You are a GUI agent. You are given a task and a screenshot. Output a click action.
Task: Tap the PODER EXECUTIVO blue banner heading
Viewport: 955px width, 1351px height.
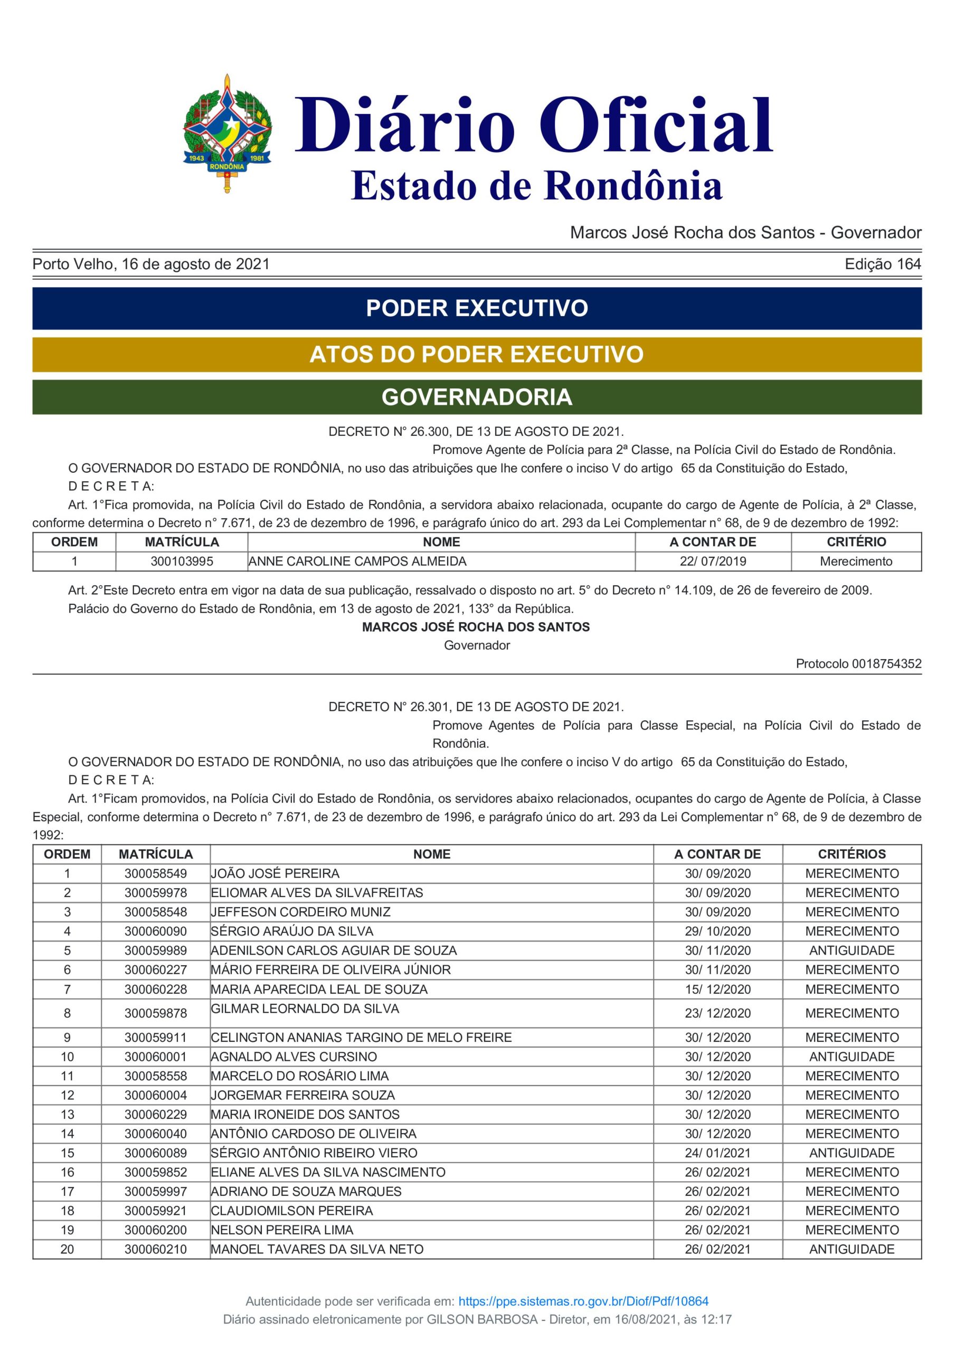477,308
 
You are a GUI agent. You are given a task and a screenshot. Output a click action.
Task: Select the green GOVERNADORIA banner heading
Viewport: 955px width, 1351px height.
477,397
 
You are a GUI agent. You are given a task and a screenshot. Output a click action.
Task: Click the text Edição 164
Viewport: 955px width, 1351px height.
883,264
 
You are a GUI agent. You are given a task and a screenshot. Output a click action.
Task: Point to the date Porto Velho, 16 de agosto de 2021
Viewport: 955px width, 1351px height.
151,264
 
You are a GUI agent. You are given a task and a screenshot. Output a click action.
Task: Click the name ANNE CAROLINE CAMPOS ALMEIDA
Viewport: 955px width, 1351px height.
357,562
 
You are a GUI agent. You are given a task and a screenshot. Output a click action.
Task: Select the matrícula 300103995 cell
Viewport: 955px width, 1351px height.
182,562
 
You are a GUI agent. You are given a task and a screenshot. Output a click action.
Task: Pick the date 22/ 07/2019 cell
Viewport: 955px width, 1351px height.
713,562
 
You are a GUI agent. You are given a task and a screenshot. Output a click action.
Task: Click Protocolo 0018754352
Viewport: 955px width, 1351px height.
858,664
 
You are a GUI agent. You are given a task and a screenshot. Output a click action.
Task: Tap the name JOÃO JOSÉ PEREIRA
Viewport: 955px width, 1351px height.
275,873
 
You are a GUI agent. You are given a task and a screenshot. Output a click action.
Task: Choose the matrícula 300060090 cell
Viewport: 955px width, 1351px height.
155,931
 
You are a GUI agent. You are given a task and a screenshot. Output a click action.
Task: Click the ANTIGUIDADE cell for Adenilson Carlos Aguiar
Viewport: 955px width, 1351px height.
852,950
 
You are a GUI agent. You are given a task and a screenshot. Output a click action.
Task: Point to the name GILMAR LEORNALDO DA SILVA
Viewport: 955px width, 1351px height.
305,1009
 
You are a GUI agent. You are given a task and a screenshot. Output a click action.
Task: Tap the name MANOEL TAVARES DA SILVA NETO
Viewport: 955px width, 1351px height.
317,1249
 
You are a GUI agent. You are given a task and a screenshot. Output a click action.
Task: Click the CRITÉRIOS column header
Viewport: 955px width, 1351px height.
852,854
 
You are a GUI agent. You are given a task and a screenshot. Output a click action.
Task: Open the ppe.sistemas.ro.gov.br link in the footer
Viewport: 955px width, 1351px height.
583,1301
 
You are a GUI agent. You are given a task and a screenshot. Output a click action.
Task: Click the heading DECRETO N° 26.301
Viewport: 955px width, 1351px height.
476,707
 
